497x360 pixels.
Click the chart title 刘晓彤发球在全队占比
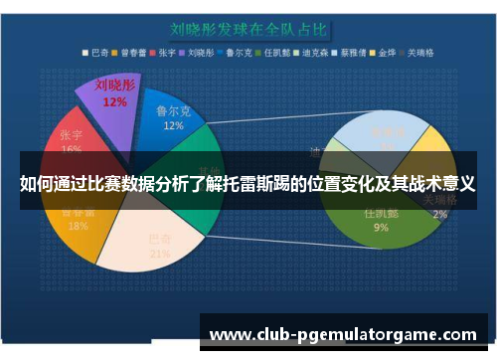248,29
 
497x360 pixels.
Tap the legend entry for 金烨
384,52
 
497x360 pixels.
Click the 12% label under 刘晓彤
114,101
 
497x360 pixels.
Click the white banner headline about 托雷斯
248,184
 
